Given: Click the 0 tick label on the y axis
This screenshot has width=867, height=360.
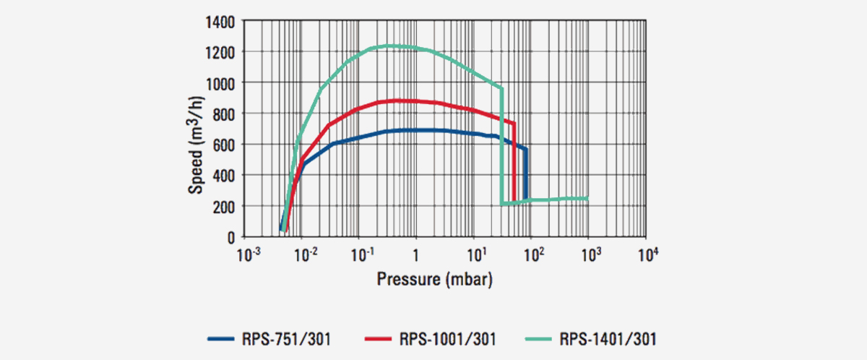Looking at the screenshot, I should (230, 237).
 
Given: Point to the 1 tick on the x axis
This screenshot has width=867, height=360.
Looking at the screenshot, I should (415, 255).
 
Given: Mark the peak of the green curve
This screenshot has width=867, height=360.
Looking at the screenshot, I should (390, 46).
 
